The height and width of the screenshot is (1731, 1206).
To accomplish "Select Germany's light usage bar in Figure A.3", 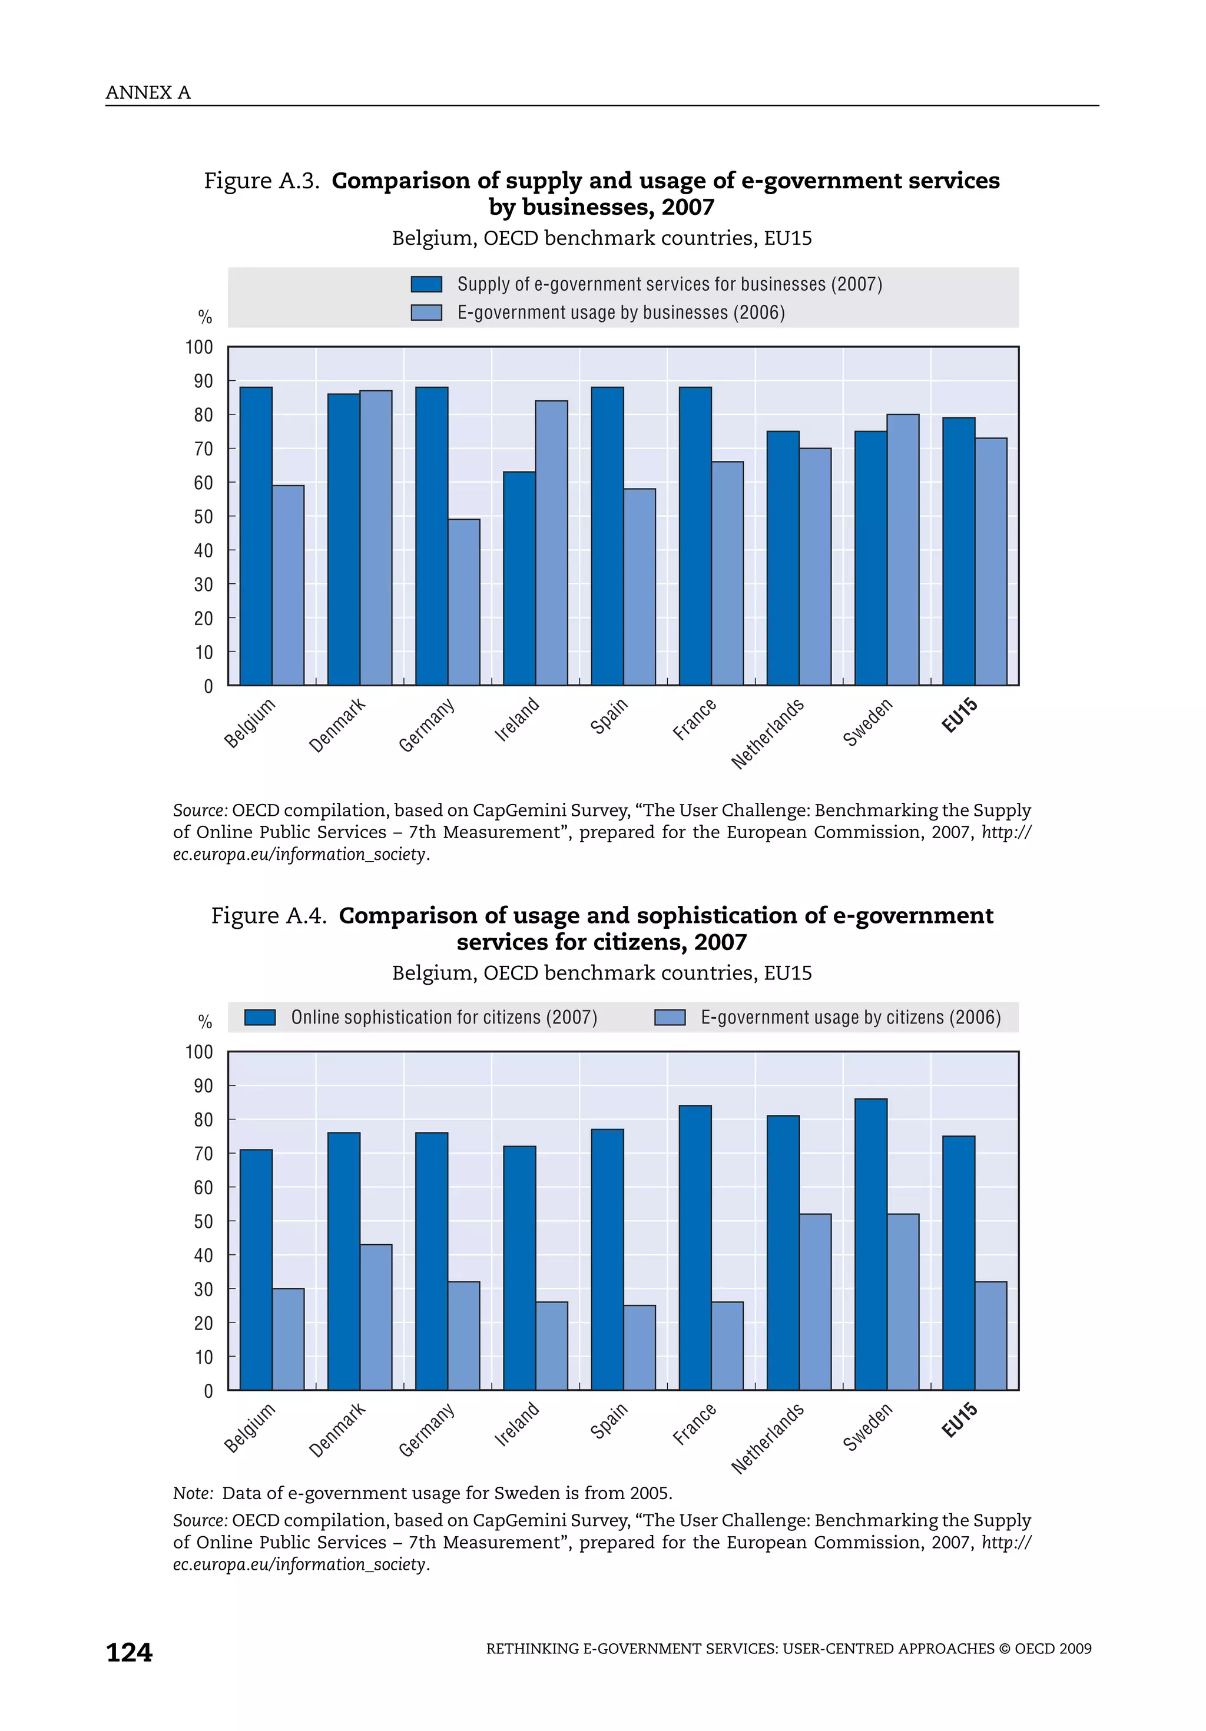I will (x=464, y=602).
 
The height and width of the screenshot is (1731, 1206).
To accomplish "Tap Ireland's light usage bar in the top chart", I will (x=551, y=543).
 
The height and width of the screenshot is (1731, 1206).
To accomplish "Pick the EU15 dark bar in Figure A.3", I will (x=958, y=551).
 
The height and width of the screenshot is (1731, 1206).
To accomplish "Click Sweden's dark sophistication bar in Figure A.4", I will (x=870, y=1244).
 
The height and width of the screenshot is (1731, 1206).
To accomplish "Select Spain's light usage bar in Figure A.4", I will (x=640, y=1347).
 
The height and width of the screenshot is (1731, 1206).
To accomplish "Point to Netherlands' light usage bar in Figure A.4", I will (x=816, y=1301).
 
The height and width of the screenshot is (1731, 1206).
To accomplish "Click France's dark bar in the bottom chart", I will (x=695, y=1247).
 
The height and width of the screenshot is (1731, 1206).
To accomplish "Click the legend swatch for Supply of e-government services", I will (x=426, y=284).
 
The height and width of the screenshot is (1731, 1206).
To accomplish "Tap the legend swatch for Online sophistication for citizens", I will (x=260, y=1018).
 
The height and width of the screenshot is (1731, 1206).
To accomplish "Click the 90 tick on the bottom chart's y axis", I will (x=203, y=1087).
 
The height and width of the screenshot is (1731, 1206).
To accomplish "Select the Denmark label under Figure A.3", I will (x=337, y=725).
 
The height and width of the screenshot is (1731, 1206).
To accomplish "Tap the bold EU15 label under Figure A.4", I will (x=959, y=1420).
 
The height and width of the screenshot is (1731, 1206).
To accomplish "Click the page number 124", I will (x=129, y=1653).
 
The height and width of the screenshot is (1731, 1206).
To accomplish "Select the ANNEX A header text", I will (x=148, y=93).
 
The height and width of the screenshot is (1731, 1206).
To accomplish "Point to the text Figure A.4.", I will (x=268, y=915).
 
